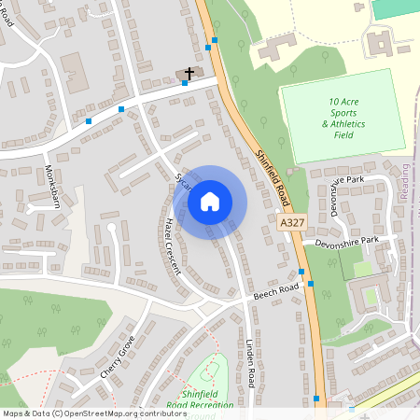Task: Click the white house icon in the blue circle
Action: pyautogui.click(x=210, y=201)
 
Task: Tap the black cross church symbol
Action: pyautogui.click(x=189, y=72)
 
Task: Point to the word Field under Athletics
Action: pyautogui.click(x=344, y=134)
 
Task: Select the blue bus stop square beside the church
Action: pyautogui.click(x=185, y=83)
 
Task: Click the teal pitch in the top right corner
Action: pyautogui.click(x=396, y=8)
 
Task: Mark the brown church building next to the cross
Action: pyautogui.click(x=183, y=73)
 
